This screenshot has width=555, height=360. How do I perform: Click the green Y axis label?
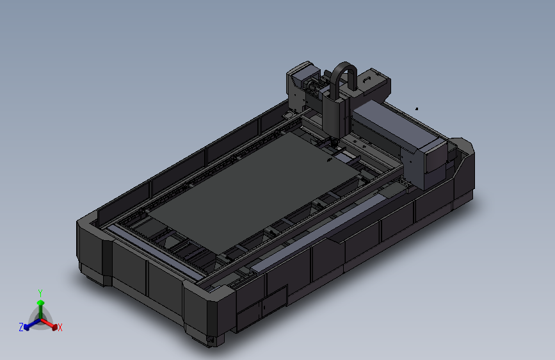[40, 293]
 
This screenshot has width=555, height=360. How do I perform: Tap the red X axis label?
[60, 327]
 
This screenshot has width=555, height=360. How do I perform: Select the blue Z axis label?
[21, 327]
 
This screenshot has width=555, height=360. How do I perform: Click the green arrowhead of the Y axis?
[41, 303]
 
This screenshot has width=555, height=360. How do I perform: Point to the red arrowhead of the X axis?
[54, 327]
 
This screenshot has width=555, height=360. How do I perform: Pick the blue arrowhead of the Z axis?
[26, 327]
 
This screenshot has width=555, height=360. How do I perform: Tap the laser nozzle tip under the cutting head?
[333, 144]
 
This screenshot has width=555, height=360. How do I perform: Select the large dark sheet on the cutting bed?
[254, 191]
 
